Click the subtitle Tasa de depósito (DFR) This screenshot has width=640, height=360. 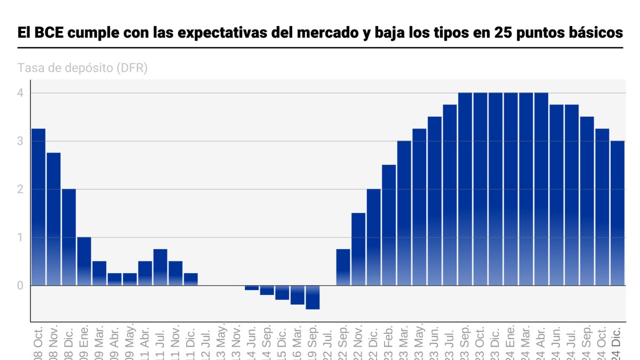[x=83, y=68]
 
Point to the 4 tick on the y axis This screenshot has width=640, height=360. [x=20, y=93]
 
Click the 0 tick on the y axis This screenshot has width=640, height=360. [x=20, y=285]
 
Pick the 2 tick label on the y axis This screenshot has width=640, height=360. [x=20, y=189]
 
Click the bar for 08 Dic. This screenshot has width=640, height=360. [x=69, y=237]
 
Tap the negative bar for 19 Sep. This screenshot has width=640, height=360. [x=313, y=297]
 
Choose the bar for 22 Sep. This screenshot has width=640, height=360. [x=343, y=267]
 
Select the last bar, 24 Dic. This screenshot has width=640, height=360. [x=617, y=213]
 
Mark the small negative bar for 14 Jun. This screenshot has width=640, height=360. [x=252, y=288]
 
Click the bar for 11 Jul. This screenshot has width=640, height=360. [x=161, y=267]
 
